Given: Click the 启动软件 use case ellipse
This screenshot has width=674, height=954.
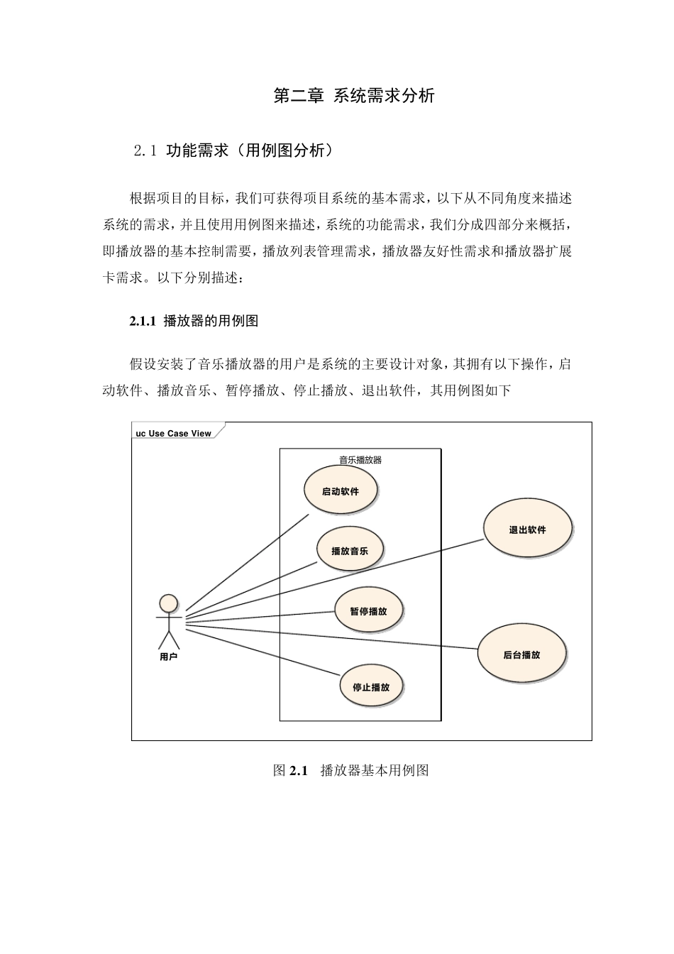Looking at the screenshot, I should [341, 490].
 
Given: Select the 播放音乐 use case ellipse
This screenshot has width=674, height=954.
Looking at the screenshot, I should [350, 550].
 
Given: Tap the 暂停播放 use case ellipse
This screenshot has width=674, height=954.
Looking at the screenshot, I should [368, 610].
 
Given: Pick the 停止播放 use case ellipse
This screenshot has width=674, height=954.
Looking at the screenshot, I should [371, 686].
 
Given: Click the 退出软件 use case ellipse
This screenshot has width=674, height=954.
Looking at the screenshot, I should [527, 530].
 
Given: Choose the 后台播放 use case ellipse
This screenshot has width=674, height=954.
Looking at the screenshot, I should [521, 654].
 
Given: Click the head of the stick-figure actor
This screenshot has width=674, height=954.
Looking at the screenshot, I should [168, 603].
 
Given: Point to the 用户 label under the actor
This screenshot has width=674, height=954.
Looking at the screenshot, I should [168, 657].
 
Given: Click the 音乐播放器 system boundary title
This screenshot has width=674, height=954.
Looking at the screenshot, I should [360, 460].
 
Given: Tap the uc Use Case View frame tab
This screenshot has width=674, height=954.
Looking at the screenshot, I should [175, 433].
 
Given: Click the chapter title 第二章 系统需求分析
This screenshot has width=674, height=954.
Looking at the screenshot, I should [354, 97].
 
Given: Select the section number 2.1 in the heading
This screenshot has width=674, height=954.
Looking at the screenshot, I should [144, 150].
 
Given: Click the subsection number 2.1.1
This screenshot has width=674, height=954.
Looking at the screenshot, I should [142, 321].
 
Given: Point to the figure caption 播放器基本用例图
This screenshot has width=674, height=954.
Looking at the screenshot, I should [375, 770].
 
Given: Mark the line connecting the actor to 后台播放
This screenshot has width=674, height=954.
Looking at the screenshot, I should [333, 636].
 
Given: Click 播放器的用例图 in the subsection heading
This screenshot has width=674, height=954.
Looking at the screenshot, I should [211, 321].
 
